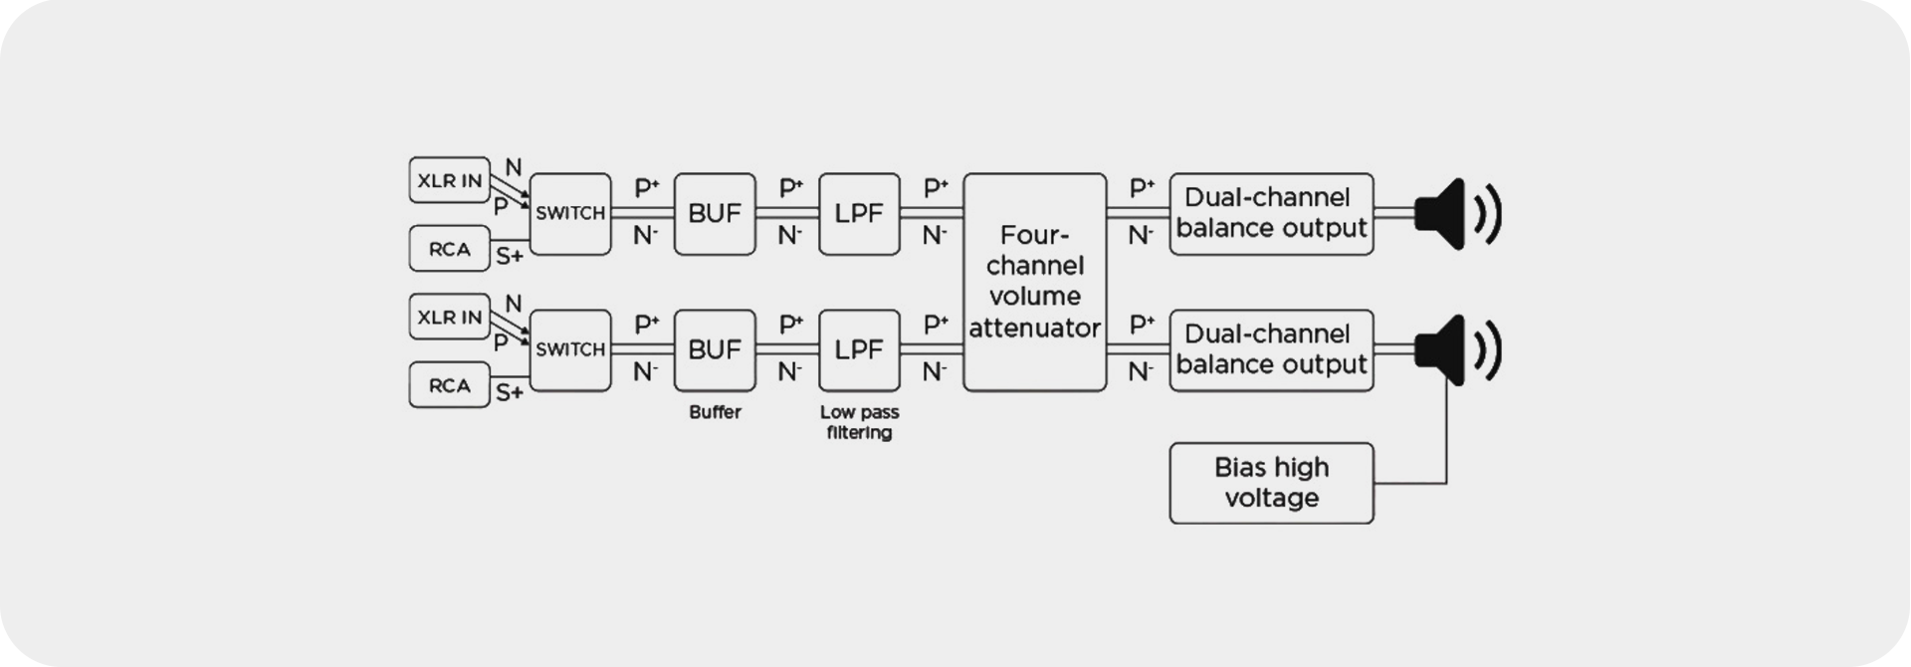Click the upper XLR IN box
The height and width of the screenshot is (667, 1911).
coord(450,180)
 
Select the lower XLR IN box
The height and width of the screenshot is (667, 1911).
coord(450,318)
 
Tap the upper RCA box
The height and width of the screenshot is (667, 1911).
coord(450,249)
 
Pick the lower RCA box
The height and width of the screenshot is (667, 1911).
coord(450,385)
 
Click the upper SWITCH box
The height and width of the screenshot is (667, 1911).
coord(570,213)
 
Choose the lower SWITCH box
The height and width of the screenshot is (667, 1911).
coord(570,349)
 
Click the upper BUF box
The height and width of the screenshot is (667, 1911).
coord(715,213)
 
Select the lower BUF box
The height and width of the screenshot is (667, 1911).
coord(715,349)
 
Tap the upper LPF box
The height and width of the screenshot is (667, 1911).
coord(859,213)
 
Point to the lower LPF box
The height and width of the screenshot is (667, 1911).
coord(859,349)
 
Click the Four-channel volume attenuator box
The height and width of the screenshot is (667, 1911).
coord(1035,282)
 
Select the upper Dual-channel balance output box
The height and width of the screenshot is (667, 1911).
coord(1271,213)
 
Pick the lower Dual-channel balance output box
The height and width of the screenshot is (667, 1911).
coord(1271,349)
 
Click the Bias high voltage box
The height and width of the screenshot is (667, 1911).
coord(1271,483)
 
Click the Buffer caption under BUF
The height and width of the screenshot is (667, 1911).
coord(715,412)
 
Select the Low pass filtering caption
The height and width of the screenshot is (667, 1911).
coord(859,422)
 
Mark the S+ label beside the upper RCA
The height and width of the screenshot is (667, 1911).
coord(510,256)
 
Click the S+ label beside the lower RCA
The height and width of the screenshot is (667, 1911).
coord(510,392)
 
